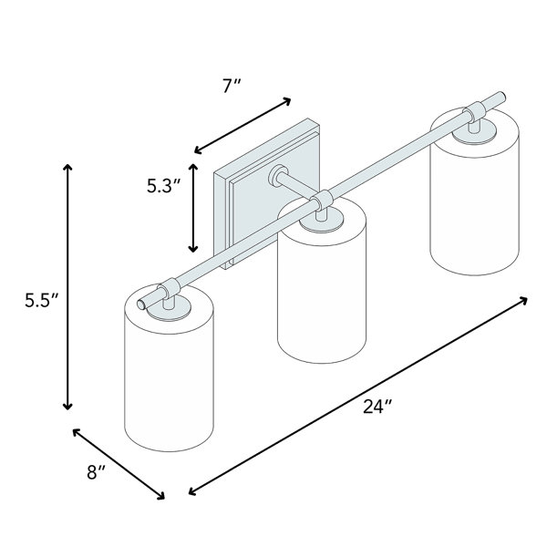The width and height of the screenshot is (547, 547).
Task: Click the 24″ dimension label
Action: pyautogui.click(x=377, y=407)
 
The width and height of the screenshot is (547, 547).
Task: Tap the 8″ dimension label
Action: pyautogui.click(x=96, y=472)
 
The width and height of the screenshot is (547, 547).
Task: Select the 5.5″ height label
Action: pyautogui.click(x=42, y=300)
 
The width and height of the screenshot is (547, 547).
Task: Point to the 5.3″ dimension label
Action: pyautogui.click(x=163, y=186)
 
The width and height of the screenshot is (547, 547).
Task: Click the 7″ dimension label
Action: pyautogui.click(x=232, y=87)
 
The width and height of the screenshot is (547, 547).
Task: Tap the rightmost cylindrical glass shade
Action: pyautogui.click(x=475, y=193)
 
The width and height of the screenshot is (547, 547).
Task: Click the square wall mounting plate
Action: pyautogui.click(x=267, y=194)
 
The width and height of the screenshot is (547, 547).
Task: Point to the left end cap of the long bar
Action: pyautogui.click(x=141, y=304)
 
